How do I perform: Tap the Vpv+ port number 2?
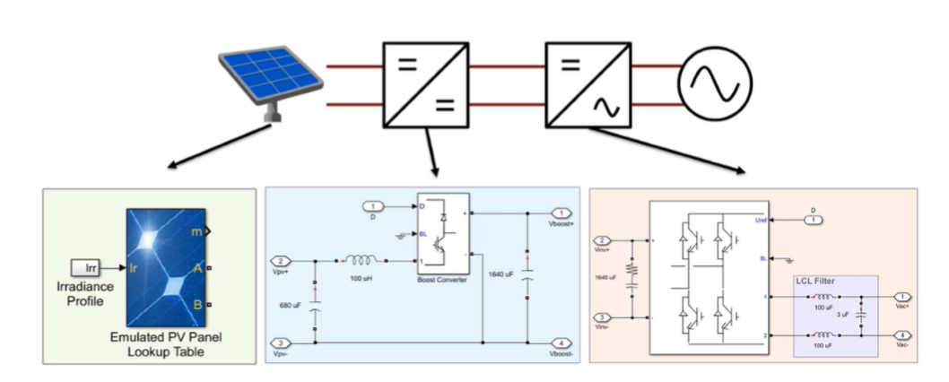tap(283, 261)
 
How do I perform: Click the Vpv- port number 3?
tap(283, 343)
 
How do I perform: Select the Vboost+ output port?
tap(561, 213)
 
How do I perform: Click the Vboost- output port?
tap(561, 343)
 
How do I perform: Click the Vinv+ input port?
tap(605, 240)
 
